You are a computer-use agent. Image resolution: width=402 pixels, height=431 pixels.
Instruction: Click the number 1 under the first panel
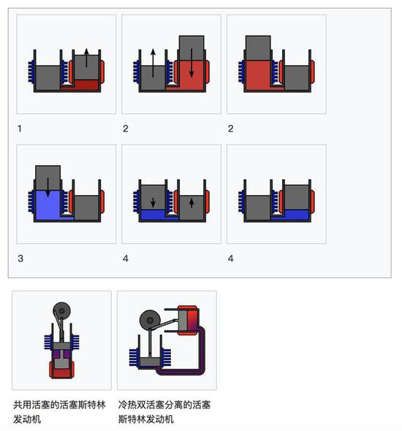(20, 128)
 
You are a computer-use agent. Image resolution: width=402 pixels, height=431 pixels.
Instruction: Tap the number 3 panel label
(20, 258)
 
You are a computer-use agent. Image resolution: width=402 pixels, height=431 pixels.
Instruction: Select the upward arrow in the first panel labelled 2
(153, 62)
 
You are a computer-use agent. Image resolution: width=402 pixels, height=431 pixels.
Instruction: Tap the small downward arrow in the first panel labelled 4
(152, 201)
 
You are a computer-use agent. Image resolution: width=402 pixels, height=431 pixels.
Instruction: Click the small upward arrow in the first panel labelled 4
(191, 201)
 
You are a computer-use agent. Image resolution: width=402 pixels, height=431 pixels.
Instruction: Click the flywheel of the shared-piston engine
(61, 310)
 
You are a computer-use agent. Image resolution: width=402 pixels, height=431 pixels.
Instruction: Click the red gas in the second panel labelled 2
(259, 75)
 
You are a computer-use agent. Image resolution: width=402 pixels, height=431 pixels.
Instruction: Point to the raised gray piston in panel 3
(48, 177)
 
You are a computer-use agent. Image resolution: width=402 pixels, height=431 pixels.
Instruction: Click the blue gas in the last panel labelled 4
(297, 215)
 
